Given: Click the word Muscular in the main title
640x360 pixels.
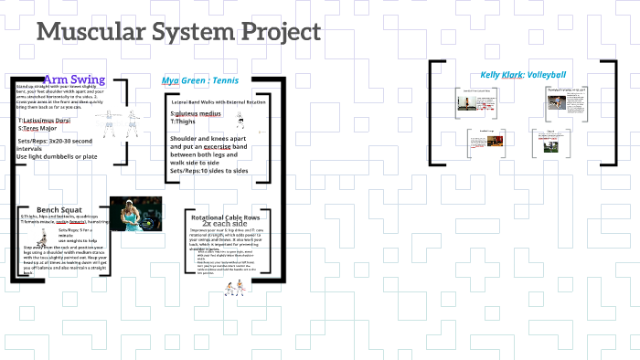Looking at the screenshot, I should [85, 32].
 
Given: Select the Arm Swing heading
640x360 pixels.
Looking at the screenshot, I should [74, 79].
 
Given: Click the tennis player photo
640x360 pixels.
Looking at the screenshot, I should [136, 214].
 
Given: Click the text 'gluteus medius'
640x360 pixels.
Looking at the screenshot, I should [198, 113].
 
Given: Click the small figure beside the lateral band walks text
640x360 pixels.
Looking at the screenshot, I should [240, 119].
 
